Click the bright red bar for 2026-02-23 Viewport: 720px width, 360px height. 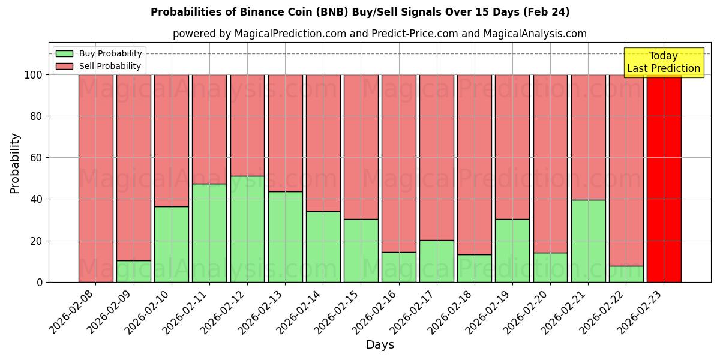[x=664, y=180]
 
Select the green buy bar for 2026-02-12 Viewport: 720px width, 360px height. [x=247, y=229]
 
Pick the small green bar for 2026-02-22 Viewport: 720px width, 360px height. [x=626, y=274]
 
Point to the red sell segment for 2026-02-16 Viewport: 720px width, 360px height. [x=398, y=162]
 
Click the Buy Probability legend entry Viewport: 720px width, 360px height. [x=99, y=53]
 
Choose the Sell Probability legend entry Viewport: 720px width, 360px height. [x=99, y=66]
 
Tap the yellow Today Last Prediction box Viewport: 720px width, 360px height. [x=664, y=62]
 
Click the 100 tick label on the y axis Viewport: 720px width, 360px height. [x=34, y=75]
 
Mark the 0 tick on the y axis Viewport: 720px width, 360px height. [x=40, y=282]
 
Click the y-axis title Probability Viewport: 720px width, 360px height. [x=15, y=163]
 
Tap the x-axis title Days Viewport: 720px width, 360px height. [x=380, y=345]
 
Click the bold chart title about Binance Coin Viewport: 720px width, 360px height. [x=360, y=12]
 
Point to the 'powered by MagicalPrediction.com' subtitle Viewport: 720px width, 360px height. [x=379, y=34]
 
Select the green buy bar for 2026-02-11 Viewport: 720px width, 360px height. [x=209, y=233]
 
